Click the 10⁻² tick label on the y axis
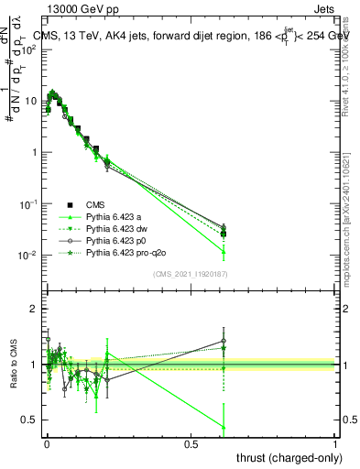pos(27,255)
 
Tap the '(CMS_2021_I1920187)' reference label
pos(190,274)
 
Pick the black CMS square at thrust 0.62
pos(224,234)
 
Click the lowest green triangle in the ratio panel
pos(224,426)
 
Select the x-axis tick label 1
pos(335,442)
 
